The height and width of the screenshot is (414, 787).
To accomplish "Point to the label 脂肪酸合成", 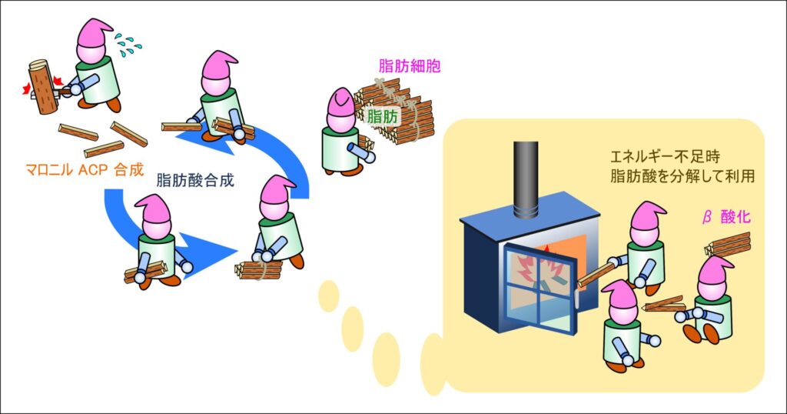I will point(195,182).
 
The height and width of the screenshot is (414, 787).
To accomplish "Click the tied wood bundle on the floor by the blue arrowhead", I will point(260,269).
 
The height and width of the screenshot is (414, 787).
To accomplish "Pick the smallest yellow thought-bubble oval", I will point(329,296).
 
